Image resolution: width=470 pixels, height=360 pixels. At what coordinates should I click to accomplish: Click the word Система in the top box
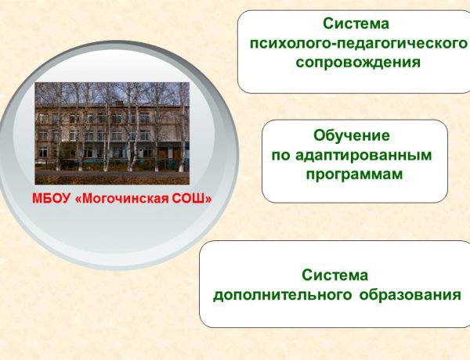coord(356,24)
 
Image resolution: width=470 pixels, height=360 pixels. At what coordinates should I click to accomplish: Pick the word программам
coord(354,174)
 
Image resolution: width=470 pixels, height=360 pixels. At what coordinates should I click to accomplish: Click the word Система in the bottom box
coord(334,275)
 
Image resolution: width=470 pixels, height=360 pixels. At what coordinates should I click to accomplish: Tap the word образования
coord(410,295)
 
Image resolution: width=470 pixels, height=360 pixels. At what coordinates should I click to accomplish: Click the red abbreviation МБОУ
coord(50,198)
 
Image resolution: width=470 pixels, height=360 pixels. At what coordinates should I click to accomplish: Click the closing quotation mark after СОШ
coord(209,198)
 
